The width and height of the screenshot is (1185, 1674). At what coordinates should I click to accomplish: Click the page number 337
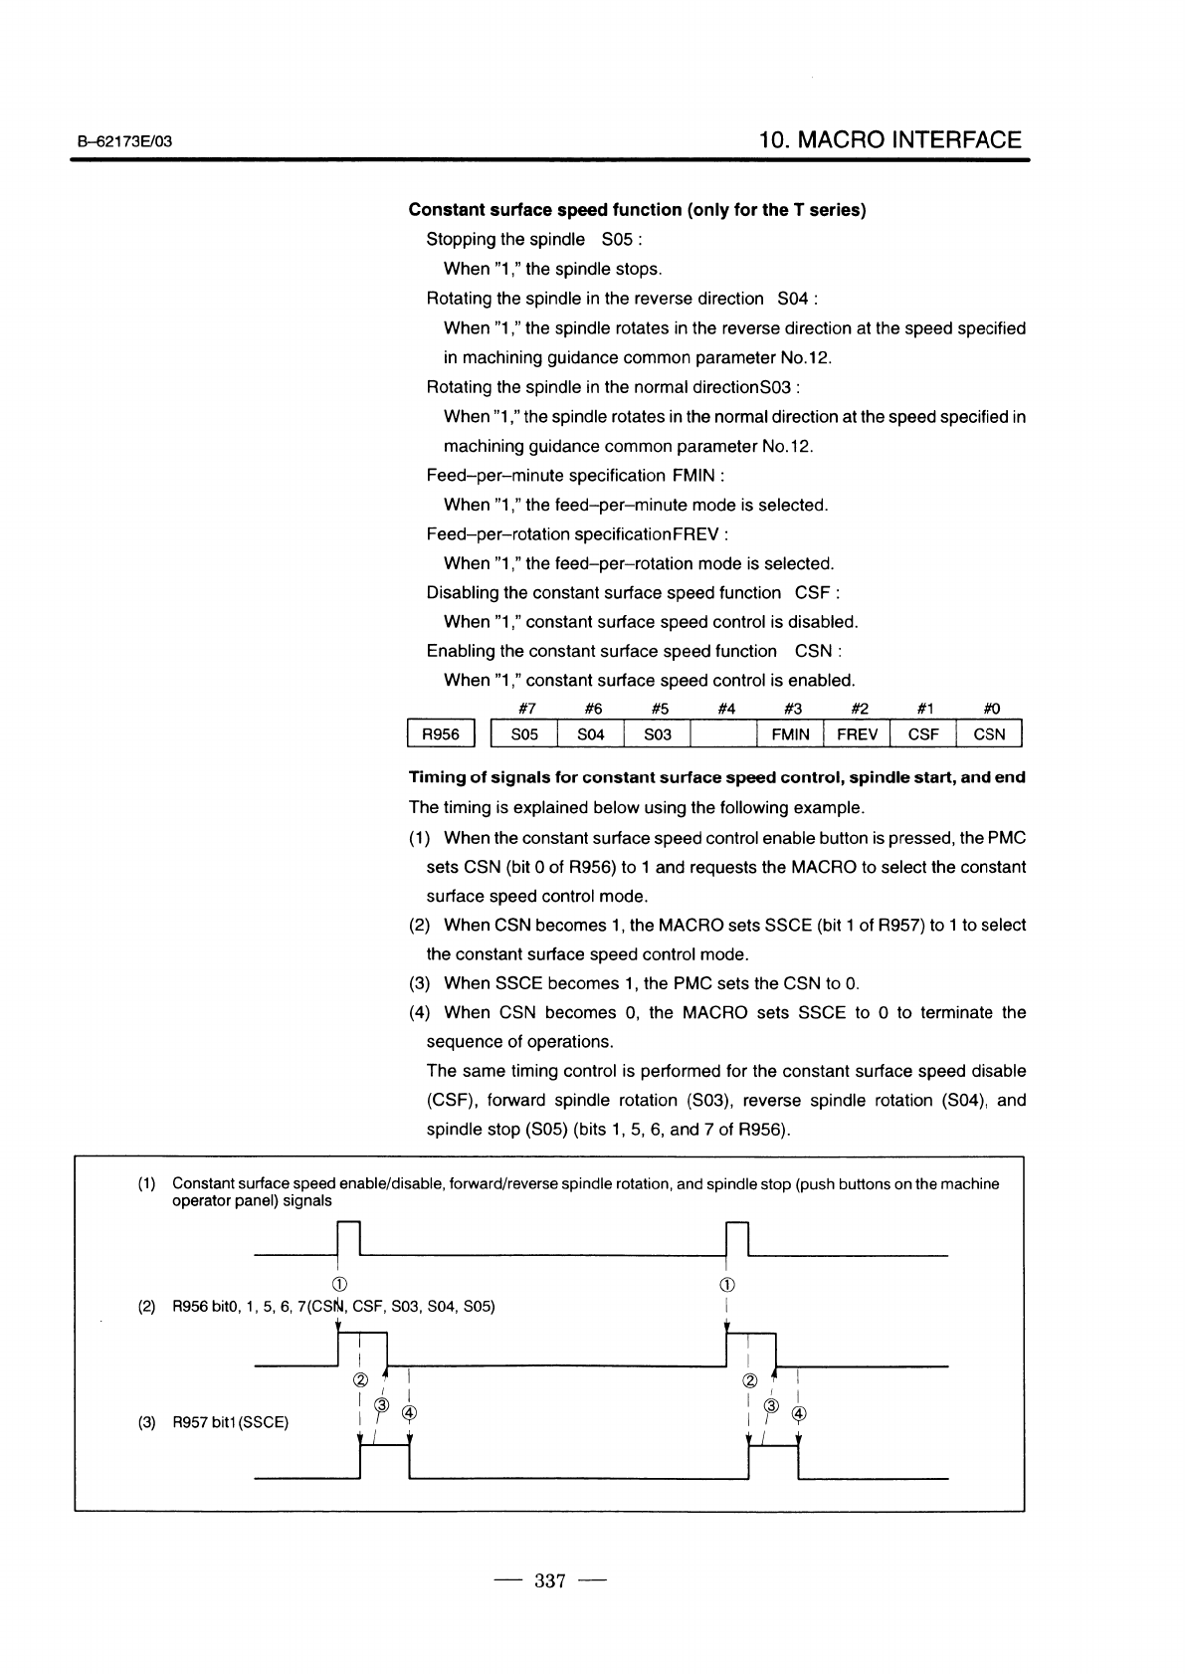(x=550, y=1580)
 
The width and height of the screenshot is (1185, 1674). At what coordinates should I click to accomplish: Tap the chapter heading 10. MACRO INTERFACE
(x=889, y=140)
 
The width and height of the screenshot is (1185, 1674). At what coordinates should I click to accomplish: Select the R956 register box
(x=442, y=735)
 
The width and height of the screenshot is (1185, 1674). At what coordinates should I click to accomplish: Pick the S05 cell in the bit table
(x=524, y=735)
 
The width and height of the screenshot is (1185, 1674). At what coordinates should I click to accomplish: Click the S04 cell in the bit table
(x=591, y=735)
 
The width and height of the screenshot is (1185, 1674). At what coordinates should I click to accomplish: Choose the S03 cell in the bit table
(x=658, y=735)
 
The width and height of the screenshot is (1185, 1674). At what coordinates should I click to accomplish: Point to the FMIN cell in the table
(x=790, y=735)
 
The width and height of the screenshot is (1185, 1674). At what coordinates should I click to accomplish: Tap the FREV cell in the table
(x=857, y=735)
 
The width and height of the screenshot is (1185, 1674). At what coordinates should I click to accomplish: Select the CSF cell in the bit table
(x=923, y=735)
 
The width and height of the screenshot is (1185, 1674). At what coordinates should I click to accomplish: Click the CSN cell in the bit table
(x=989, y=735)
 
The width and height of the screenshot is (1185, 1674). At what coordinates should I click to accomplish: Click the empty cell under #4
(x=724, y=735)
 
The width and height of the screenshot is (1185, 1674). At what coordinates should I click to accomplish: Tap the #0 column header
(x=991, y=710)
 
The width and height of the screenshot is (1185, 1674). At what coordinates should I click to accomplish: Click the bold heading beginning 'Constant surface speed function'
(x=637, y=210)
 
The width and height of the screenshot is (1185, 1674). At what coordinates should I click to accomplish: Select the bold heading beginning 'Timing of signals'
(x=716, y=777)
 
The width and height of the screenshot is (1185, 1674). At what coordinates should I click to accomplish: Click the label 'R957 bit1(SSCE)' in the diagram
(x=230, y=1423)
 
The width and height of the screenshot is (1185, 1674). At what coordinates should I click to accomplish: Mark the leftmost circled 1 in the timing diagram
(x=339, y=1284)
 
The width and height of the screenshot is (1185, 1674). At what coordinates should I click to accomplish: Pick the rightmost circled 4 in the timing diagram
(x=798, y=1413)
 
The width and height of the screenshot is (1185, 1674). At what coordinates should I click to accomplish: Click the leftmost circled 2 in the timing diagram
(x=359, y=1380)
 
